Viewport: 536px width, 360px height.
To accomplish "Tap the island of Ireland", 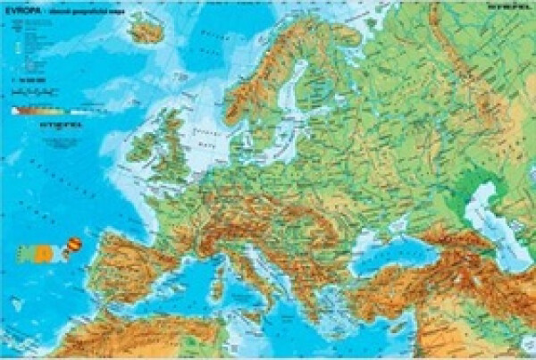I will pos(140,147).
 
